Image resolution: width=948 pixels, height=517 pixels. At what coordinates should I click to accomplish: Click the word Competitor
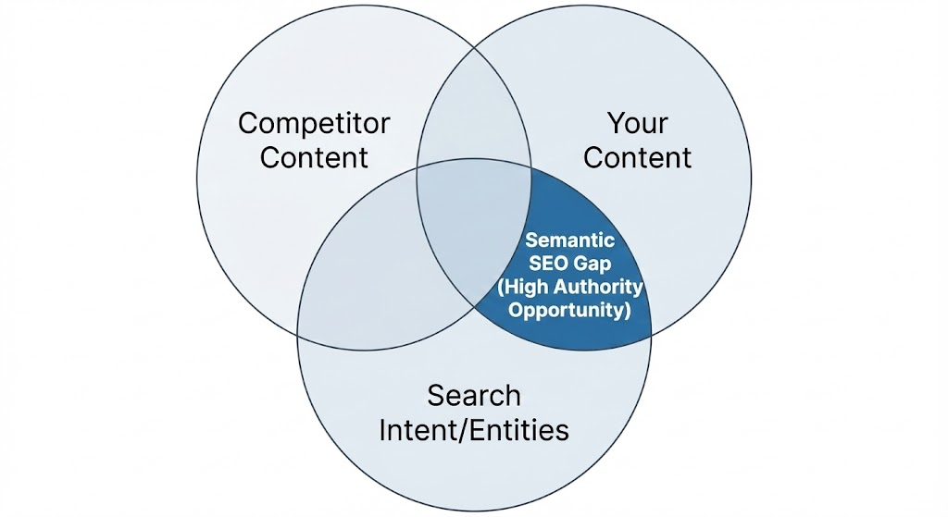tap(314, 124)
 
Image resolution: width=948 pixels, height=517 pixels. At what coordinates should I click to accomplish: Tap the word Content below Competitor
tap(314, 156)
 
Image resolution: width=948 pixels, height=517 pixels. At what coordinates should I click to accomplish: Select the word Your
tap(637, 124)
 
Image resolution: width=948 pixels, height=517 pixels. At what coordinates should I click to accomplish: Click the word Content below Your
tap(637, 156)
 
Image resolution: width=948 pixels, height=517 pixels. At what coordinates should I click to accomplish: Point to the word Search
tap(473, 396)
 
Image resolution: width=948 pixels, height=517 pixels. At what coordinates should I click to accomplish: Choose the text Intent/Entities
tap(473, 429)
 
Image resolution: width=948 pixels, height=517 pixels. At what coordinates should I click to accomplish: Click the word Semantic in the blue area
tap(569, 240)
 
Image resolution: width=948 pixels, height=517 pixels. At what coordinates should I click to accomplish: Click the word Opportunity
tap(569, 310)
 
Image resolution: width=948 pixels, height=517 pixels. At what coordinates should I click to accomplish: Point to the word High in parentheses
tap(520, 287)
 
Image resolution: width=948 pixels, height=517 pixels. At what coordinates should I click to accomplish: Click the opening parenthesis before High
tap(500, 287)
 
